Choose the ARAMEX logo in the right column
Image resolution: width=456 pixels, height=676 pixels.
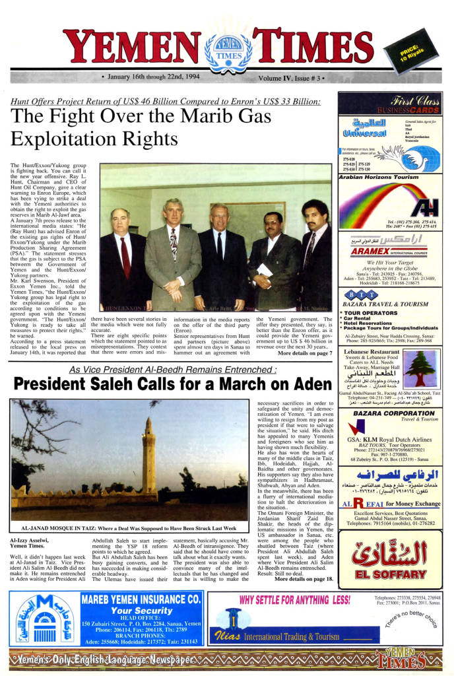coord(362,252)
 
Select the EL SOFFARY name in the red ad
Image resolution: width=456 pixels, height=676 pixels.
coord(390,574)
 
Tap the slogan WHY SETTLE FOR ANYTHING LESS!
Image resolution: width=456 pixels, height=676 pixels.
coord(294,599)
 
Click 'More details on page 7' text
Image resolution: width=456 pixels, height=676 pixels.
coord(305,353)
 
